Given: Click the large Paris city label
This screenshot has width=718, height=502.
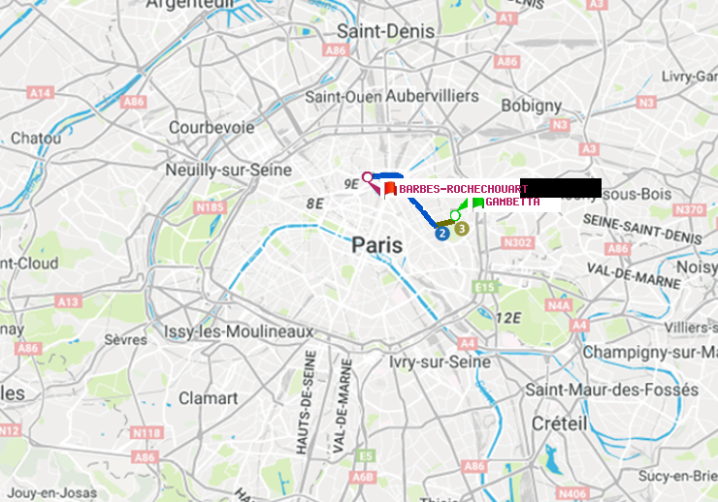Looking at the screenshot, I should (x=377, y=245).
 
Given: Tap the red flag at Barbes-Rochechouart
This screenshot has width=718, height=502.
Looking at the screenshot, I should (x=389, y=189).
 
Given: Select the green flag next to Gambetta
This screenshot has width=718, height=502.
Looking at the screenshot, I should (x=477, y=204).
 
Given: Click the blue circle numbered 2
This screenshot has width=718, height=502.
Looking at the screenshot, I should (x=442, y=233).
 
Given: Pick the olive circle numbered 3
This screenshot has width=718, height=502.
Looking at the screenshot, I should (x=462, y=229).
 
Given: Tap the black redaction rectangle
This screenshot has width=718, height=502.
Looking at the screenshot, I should (x=562, y=187).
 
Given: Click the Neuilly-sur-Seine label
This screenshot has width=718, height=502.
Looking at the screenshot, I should (x=229, y=170).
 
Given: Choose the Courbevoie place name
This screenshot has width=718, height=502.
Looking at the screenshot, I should (x=212, y=127).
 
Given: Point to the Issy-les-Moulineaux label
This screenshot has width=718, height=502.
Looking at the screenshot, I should (x=239, y=331).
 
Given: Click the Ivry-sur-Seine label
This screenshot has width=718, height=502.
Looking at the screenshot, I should (x=440, y=361).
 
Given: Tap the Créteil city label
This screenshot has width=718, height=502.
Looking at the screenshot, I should (x=559, y=424).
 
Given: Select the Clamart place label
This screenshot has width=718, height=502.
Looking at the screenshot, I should (x=208, y=397).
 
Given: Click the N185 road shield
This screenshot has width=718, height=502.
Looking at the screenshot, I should (x=210, y=206).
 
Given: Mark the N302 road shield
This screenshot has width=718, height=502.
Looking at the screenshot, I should (x=518, y=242).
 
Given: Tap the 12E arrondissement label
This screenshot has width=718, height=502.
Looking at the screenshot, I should (x=510, y=317).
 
